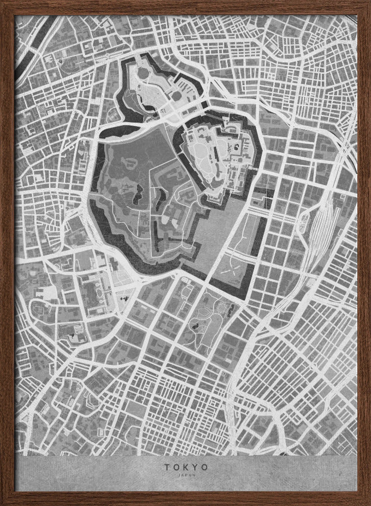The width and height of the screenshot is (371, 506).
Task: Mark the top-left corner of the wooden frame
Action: click(x=3, y=3)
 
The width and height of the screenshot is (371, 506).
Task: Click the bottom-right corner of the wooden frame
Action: click(x=368, y=503)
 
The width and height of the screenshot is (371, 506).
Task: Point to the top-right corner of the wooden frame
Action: click(x=368, y=3)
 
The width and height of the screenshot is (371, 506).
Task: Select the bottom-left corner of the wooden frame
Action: click(x=3, y=503)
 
